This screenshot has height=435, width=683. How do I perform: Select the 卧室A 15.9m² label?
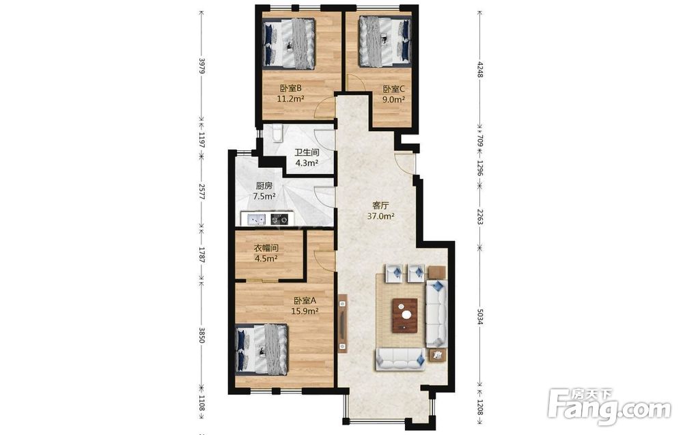pyautogui.click(x=305, y=306)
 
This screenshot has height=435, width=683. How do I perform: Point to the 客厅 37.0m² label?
pyautogui.click(x=381, y=210)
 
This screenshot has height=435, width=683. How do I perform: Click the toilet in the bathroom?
pyautogui.click(x=277, y=133)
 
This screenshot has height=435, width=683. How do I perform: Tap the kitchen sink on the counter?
pyautogui.click(x=257, y=219)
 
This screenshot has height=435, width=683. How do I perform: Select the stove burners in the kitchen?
pyautogui.click(x=279, y=219)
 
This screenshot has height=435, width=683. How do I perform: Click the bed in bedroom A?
pyautogui.click(x=262, y=350)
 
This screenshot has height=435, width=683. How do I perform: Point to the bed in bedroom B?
pyautogui.click(x=289, y=44)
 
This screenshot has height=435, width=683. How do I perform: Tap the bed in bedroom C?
pyautogui.click(x=385, y=41)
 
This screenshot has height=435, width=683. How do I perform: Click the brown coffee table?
pyautogui.click(x=405, y=315)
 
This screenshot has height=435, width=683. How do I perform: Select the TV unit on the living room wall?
pyautogui.click(x=343, y=322)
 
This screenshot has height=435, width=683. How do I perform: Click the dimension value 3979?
pyautogui.click(x=201, y=66)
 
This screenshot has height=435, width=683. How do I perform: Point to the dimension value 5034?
pyautogui.click(x=479, y=317)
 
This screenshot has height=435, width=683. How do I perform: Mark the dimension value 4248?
pyautogui.click(x=479, y=70)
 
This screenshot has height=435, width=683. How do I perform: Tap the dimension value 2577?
pyautogui.click(x=201, y=191)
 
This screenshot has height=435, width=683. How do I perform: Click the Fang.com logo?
pyautogui.click(x=609, y=407)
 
